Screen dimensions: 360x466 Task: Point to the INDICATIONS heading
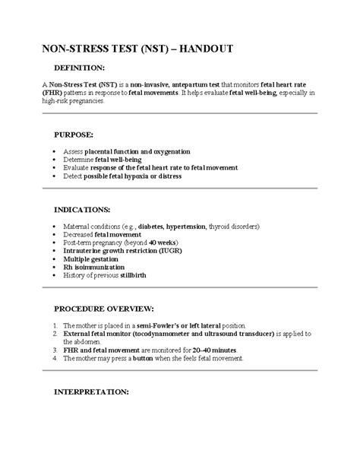tap(82, 208)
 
